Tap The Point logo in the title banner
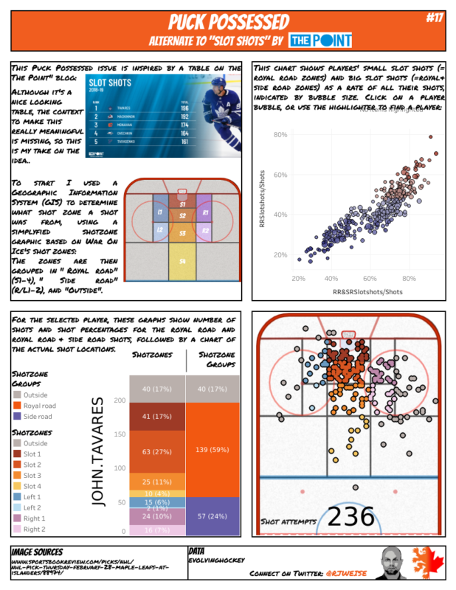[x=319, y=40]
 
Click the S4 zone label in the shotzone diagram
[x=182, y=261]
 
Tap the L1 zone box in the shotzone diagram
[x=159, y=213]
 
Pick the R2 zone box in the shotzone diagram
[x=206, y=231]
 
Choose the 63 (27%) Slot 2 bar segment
[x=156, y=451]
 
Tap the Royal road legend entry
[x=38, y=405]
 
